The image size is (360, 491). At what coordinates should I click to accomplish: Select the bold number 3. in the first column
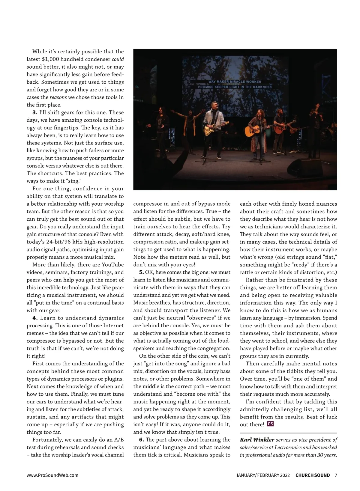(35, 112)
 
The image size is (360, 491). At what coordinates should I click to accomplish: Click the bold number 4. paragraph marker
(35, 318)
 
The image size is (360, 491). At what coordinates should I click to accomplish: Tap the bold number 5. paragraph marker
(141, 272)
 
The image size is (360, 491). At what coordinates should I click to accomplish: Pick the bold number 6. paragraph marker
(141, 440)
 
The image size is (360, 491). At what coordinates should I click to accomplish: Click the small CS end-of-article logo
(270, 424)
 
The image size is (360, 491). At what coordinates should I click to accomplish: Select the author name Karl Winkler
(257, 440)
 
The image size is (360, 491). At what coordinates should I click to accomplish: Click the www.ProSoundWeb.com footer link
(52, 475)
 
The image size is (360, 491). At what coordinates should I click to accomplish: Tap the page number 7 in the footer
(336, 475)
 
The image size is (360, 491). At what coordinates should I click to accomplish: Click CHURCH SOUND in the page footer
(313, 475)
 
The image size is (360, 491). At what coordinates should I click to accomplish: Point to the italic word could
(118, 59)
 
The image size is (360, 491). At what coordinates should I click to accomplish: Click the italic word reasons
(58, 97)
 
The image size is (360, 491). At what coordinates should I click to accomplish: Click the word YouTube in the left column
(112, 265)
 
